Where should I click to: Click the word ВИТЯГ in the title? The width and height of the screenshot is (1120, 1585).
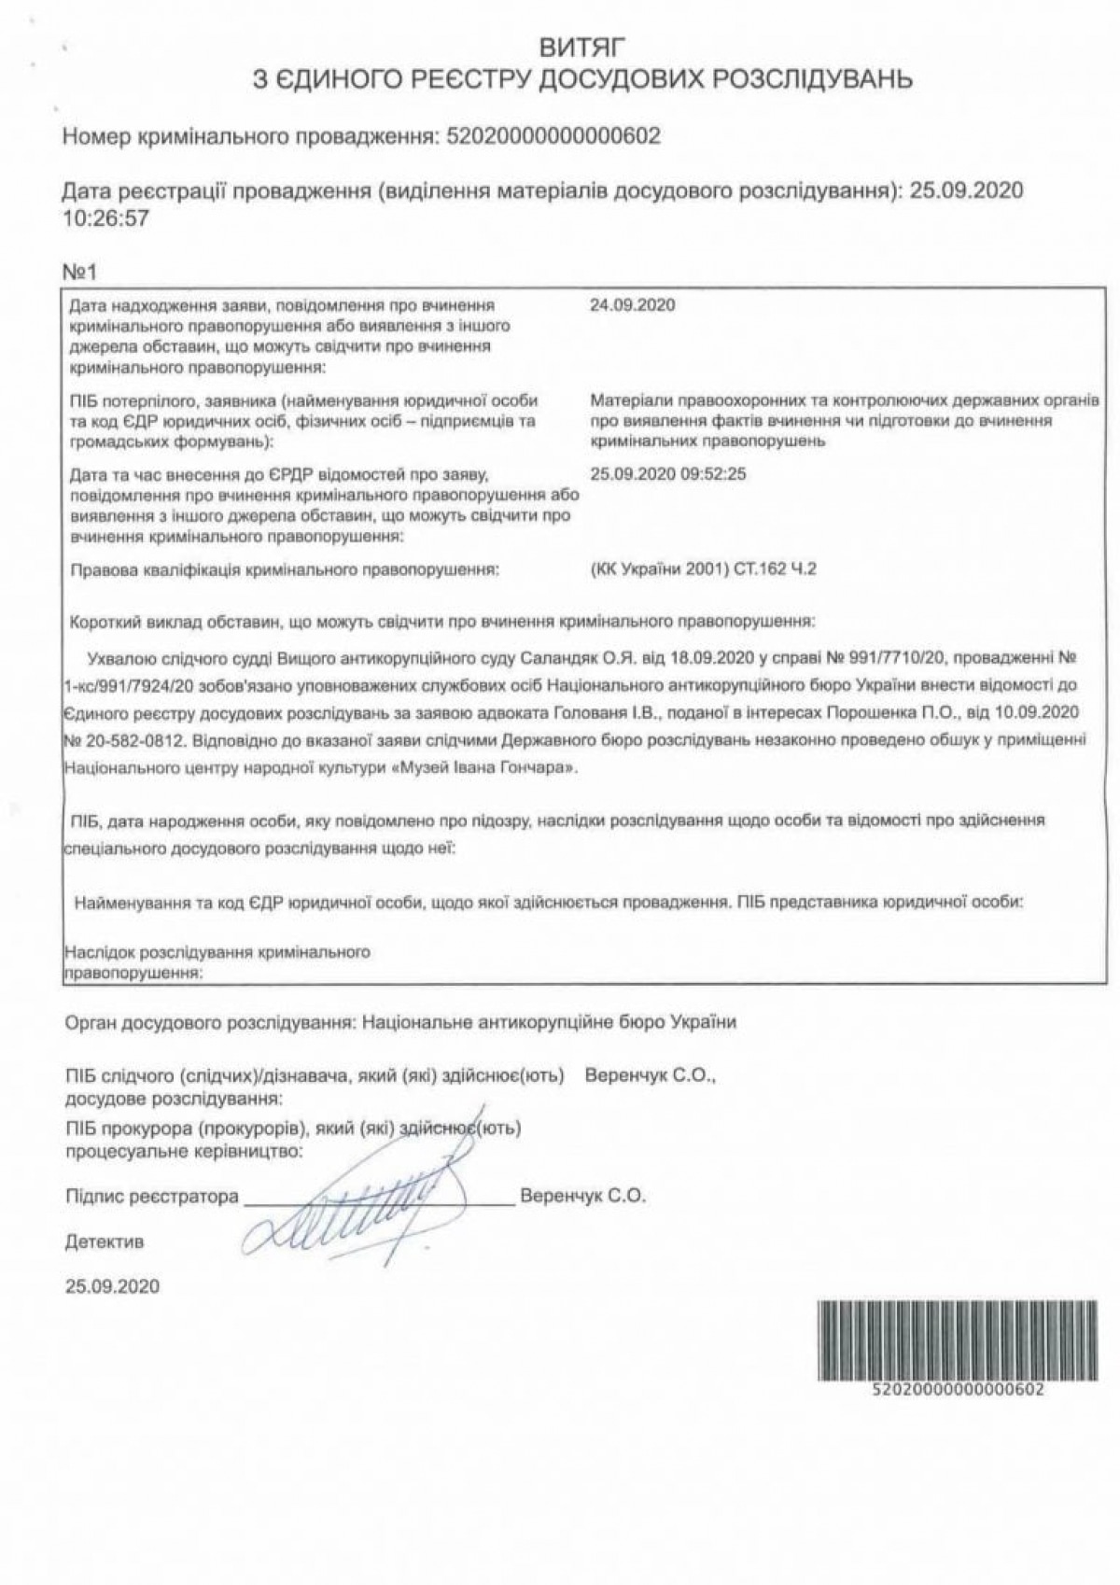click(581, 44)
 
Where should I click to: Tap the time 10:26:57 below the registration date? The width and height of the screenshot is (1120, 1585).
click(105, 218)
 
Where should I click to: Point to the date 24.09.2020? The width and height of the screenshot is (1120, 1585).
click(633, 305)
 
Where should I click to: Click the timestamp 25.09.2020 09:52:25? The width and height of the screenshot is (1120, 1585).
click(668, 474)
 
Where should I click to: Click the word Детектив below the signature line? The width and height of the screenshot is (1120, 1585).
click(105, 1242)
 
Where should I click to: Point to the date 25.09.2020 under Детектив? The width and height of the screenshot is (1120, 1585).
click(112, 1286)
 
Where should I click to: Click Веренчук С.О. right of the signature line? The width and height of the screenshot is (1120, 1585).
click(582, 1196)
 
